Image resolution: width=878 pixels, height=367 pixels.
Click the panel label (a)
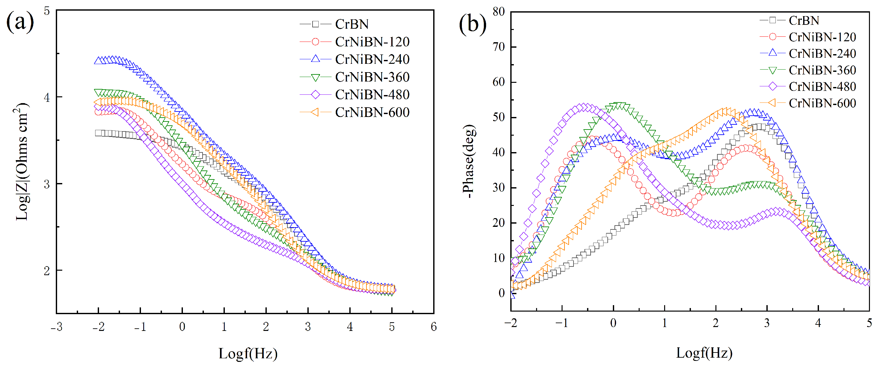20,22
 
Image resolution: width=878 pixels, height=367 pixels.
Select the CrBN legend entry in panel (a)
352,24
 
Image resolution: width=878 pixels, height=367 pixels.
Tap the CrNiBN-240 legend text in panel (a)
372,60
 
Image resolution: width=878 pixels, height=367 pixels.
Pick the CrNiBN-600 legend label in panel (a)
372,112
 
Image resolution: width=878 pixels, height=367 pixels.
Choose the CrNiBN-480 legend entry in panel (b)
822,87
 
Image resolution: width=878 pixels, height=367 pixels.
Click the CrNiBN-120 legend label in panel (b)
822,37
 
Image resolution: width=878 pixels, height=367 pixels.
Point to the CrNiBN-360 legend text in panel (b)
822,70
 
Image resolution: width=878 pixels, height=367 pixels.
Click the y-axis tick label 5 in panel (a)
47,11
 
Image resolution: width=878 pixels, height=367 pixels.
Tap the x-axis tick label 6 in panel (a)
434,327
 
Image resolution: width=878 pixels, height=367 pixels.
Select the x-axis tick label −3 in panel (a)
56,327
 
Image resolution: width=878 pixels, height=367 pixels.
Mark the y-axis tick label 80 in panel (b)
499,12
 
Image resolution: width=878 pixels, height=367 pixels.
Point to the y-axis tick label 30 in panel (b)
499,188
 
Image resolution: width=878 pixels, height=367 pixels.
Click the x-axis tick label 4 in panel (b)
818,323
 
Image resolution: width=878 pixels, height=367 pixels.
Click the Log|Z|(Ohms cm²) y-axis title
22,161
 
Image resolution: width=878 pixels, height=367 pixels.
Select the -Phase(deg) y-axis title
469,161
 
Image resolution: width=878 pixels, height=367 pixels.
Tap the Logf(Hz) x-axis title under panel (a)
248,354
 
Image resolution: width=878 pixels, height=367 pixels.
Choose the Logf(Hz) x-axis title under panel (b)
704,353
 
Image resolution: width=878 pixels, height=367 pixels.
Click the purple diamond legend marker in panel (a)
315,95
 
